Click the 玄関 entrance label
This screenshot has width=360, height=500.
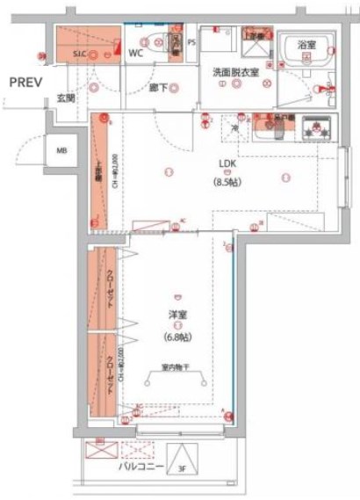tap(66, 98)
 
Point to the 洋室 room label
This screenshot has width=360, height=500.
tap(178, 315)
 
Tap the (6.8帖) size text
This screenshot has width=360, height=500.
tap(178, 337)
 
